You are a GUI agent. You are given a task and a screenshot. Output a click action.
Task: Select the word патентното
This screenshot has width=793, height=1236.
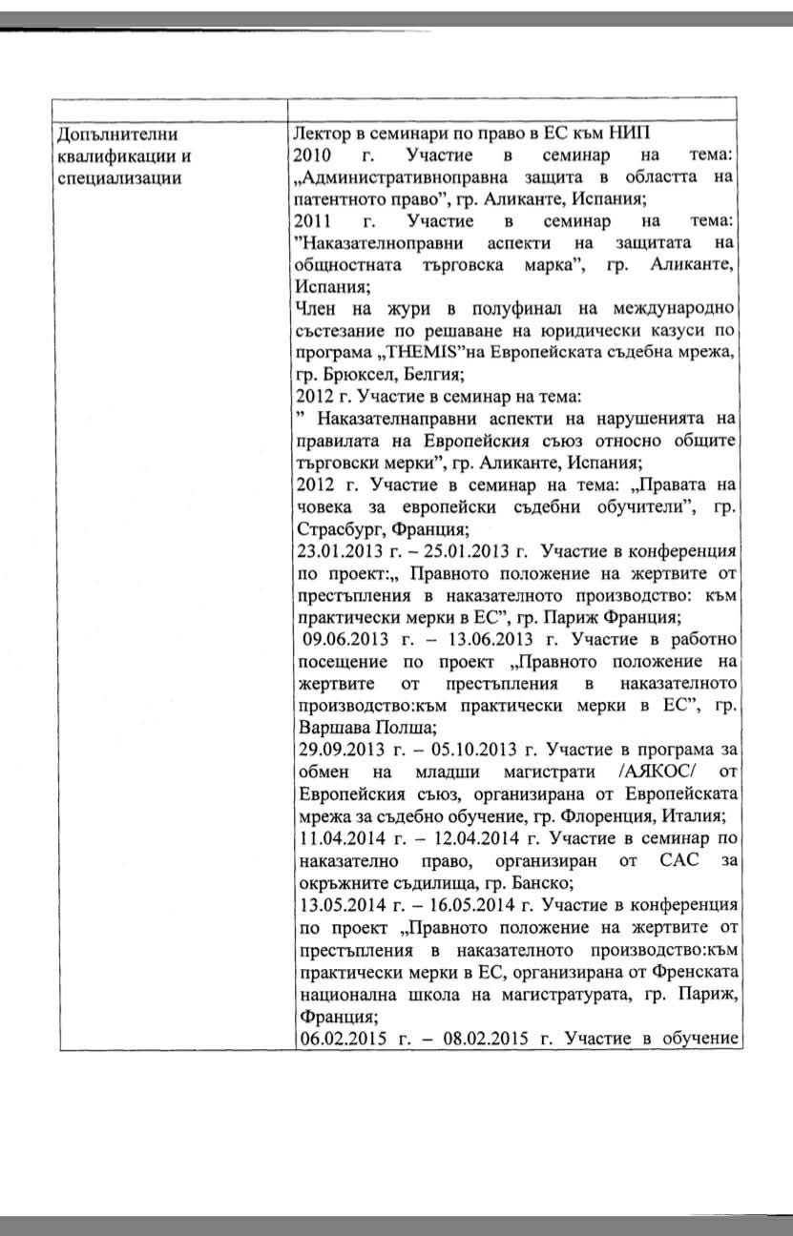point(339,199)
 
